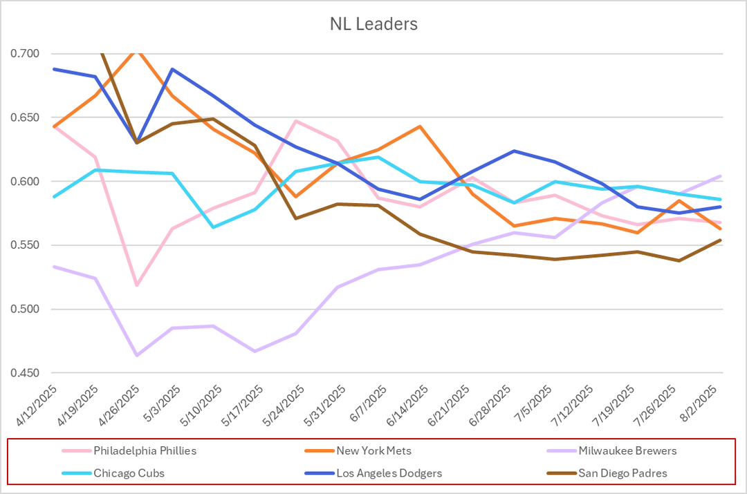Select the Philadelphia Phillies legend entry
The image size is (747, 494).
(145, 451)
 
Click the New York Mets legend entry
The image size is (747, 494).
(373, 451)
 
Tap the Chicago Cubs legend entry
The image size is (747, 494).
(130, 473)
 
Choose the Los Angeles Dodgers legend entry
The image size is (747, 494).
(389, 473)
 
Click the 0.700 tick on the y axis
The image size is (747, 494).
(26, 54)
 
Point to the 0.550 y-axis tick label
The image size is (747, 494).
(26, 246)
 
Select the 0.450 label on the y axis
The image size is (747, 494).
(26, 374)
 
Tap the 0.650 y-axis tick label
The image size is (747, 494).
(26, 118)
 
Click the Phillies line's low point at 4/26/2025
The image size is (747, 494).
(137, 285)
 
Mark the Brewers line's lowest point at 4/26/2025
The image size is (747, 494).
(137, 355)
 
